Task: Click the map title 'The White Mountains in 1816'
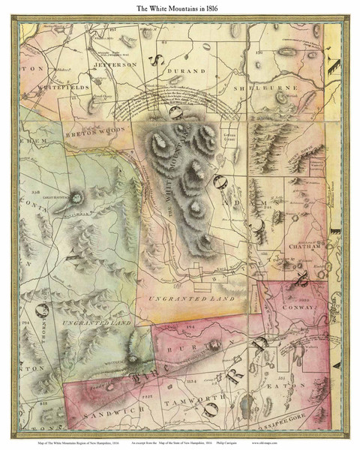(179, 8)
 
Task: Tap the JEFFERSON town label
(114, 65)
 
